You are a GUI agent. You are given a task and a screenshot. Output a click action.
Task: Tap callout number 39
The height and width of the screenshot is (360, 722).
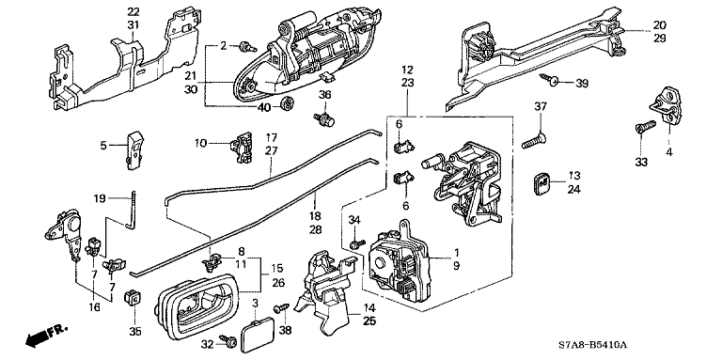(582, 84)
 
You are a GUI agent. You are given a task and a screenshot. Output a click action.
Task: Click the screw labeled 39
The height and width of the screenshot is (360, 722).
(549, 80)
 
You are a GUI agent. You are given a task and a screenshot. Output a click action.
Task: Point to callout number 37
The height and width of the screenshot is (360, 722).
(541, 107)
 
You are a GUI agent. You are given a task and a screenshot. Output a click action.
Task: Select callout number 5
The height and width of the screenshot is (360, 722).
(103, 146)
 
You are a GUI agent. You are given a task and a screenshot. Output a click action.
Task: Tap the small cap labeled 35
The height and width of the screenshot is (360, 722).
(133, 298)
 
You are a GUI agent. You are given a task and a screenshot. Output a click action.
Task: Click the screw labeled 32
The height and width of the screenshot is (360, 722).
(228, 340)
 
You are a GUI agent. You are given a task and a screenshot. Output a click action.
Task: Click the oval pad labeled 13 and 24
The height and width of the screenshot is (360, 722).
(543, 183)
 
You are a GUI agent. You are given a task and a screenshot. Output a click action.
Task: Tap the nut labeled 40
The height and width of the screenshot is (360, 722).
(288, 103)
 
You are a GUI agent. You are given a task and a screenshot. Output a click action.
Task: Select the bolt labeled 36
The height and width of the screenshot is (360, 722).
(324, 119)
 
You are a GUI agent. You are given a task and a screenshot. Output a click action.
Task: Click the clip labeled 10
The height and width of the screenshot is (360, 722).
(242, 147)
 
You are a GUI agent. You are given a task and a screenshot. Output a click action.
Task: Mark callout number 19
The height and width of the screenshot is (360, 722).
(100, 198)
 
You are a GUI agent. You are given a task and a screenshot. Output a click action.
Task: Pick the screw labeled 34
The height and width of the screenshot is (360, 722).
(357, 244)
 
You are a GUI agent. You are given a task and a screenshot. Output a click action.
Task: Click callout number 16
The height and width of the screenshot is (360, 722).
(94, 307)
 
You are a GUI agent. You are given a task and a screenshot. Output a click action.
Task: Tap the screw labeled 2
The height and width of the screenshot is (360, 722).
(248, 47)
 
